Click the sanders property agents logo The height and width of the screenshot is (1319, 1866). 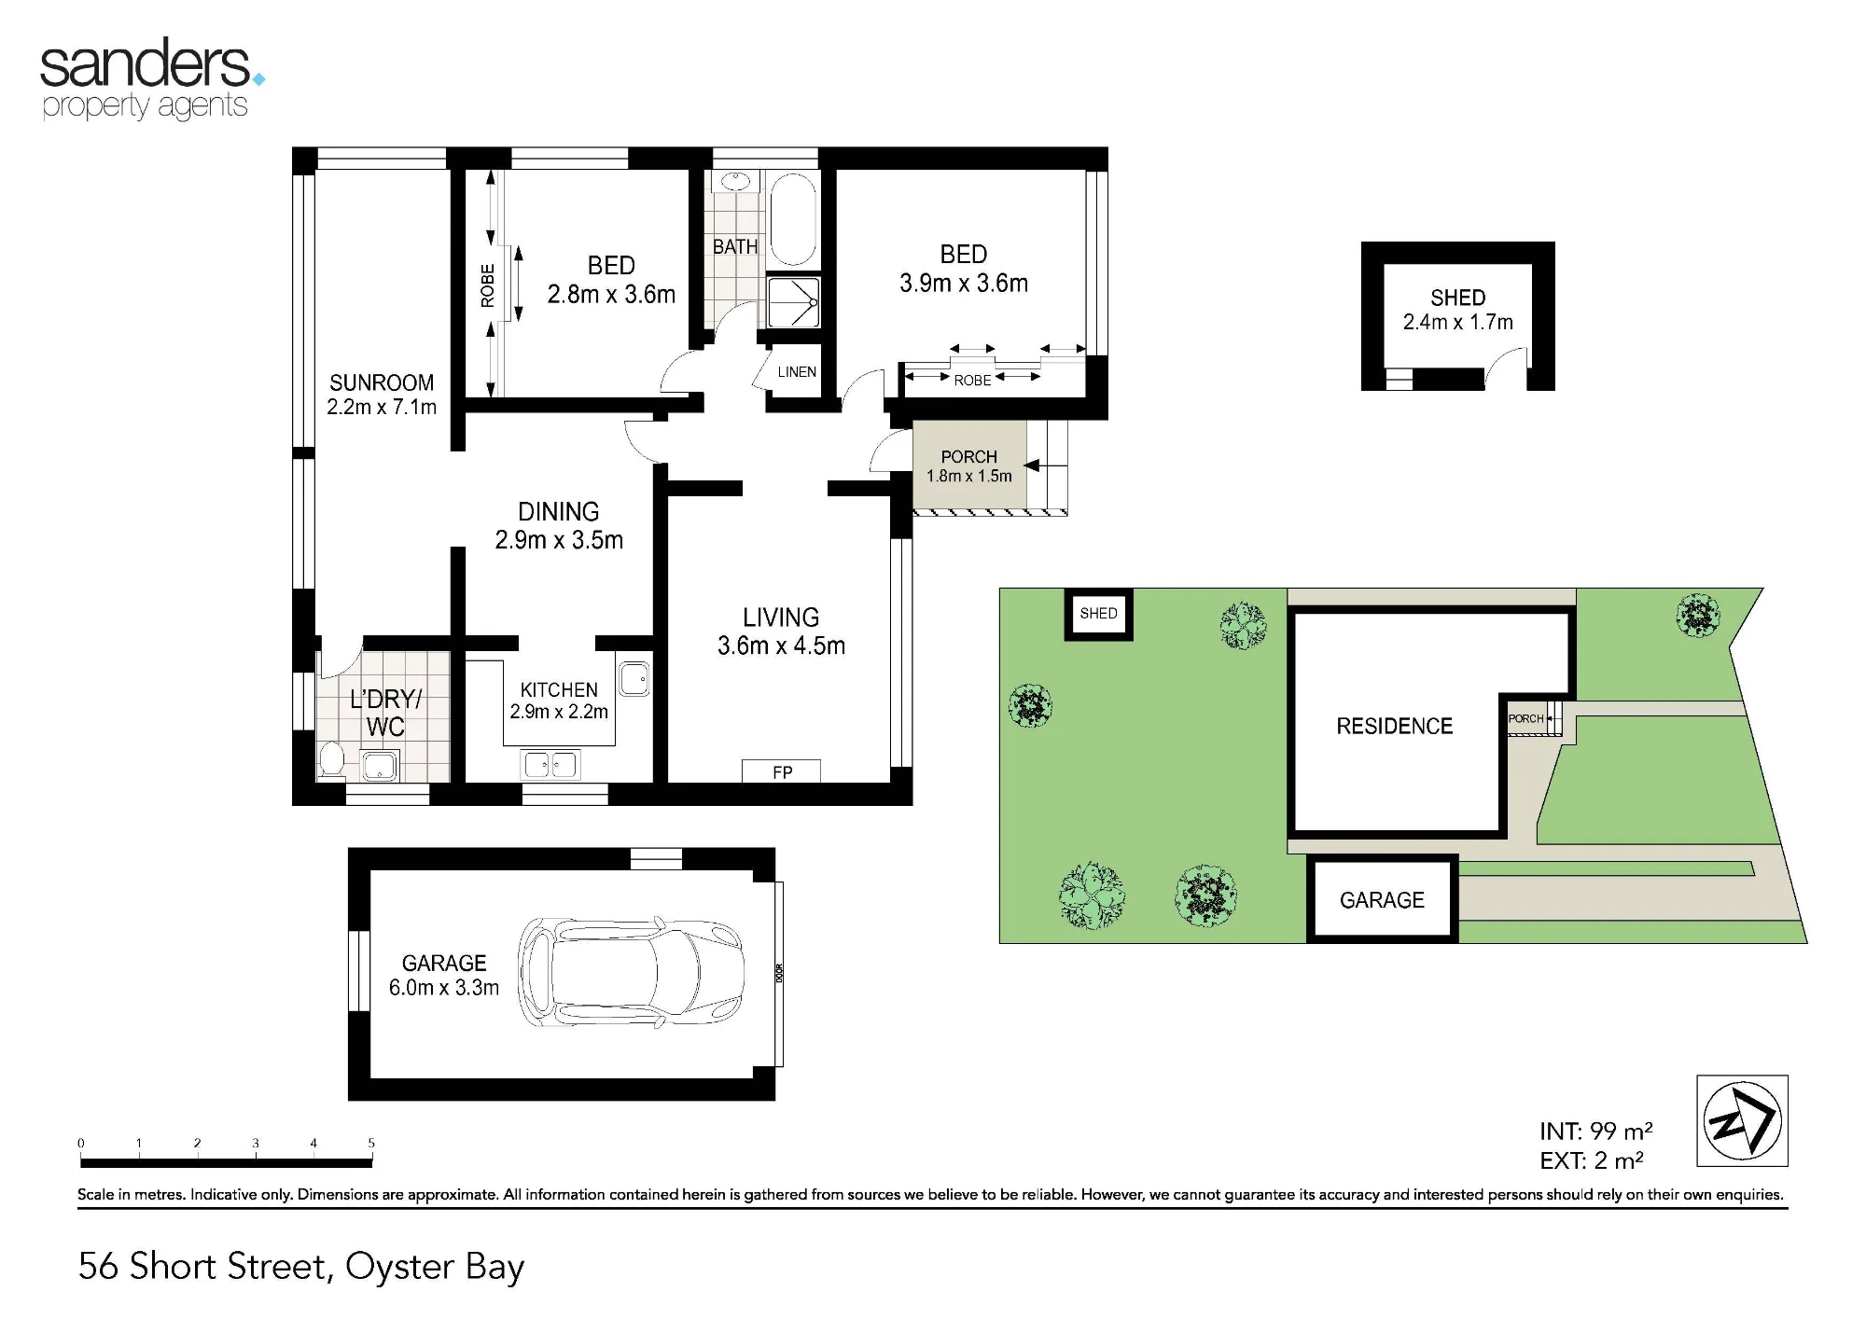[x=152, y=78]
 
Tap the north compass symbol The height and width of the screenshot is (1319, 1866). [x=1742, y=1120]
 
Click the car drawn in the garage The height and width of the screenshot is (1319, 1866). [x=631, y=973]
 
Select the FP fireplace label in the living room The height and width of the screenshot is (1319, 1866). [x=783, y=772]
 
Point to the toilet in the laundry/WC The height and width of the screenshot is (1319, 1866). [x=331, y=758]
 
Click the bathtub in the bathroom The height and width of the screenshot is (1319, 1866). [x=793, y=218]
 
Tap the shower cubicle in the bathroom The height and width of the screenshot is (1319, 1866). [x=794, y=301]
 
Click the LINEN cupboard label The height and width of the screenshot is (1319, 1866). [x=797, y=372]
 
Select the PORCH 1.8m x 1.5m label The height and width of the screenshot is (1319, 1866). [x=969, y=466]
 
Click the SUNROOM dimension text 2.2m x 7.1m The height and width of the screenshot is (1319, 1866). [x=382, y=407]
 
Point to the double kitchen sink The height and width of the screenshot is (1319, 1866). [x=550, y=765]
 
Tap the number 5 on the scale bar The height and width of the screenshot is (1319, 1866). [x=371, y=1143]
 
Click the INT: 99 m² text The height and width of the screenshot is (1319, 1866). [x=1596, y=1132]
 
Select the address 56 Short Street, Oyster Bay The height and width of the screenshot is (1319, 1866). [x=301, y=1267]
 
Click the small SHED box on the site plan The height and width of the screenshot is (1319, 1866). [x=1099, y=614]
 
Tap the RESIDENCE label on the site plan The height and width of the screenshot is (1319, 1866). [x=1395, y=727]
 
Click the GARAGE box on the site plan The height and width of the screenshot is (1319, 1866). [x=1382, y=899]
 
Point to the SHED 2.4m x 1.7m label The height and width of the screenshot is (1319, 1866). [x=1458, y=310]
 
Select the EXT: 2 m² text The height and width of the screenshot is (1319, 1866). [x=1592, y=1161]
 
